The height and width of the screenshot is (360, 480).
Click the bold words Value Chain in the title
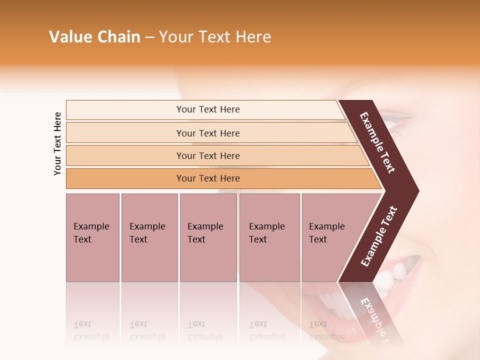[x=94, y=37]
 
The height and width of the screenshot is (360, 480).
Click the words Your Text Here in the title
[x=215, y=37]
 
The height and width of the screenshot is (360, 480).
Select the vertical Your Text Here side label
[x=57, y=143]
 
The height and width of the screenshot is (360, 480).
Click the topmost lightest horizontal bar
[x=208, y=109]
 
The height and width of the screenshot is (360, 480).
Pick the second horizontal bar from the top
[x=208, y=133]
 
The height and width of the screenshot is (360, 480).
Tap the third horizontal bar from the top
[x=208, y=155]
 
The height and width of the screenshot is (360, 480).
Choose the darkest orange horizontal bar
[x=208, y=178]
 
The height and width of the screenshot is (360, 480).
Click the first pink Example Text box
[x=92, y=237]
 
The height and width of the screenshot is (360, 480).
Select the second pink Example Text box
[x=149, y=237]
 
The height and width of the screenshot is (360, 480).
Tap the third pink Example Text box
[x=208, y=237]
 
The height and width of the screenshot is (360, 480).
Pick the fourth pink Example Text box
[x=269, y=237]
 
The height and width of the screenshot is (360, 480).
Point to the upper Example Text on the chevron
[x=378, y=142]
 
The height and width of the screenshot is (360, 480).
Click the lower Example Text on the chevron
[x=379, y=236]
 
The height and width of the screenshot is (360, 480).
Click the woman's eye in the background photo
[x=400, y=120]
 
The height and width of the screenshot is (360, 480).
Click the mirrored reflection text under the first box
[x=91, y=330]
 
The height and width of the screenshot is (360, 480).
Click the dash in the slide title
[x=149, y=37]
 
